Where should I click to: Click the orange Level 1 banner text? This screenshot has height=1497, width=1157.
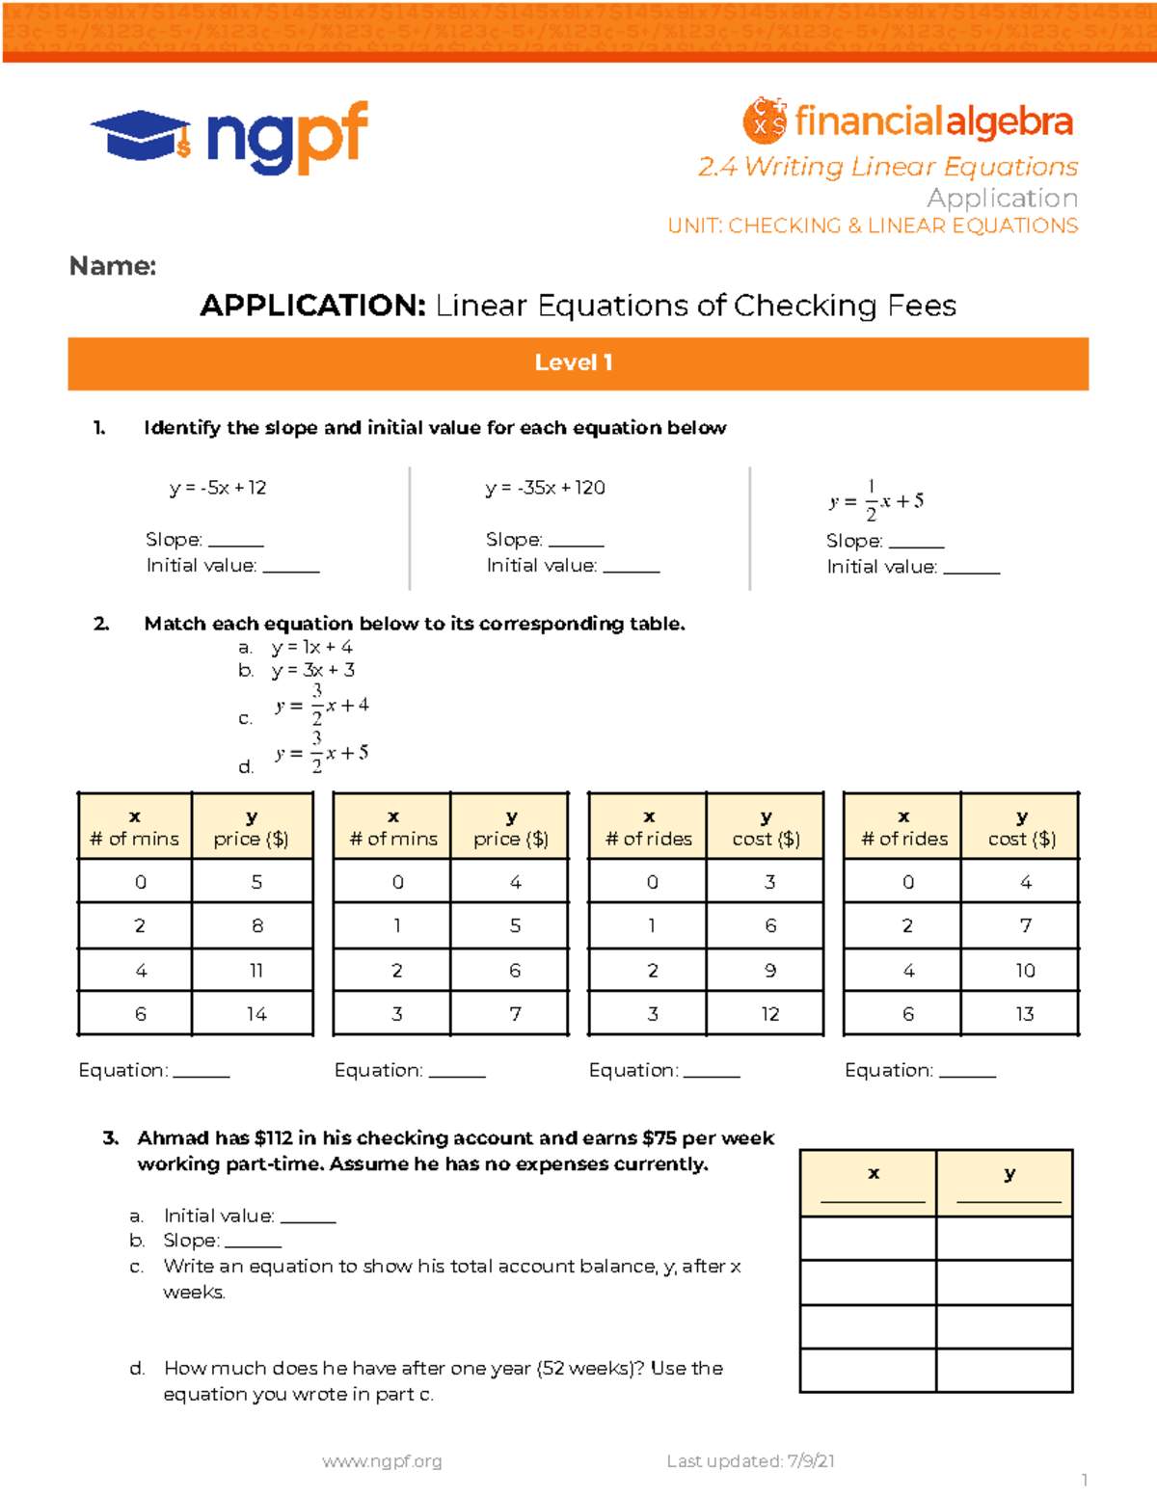[574, 362]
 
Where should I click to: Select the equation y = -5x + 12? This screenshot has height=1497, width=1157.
[218, 488]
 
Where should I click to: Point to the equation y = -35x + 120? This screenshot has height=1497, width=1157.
[545, 488]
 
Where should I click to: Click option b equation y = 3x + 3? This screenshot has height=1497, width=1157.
[312, 670]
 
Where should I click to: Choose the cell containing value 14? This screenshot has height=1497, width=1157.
[256, 1014]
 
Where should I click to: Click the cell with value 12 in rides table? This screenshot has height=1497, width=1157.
[769, 1014]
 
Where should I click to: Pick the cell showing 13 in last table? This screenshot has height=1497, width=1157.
[1024, 1014]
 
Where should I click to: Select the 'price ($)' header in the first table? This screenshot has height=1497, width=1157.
[251, 839]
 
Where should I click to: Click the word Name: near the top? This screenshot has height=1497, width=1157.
[113, 266]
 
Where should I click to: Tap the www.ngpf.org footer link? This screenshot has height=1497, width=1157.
[382, 1461]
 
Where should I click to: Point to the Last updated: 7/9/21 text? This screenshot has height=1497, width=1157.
[750, 1461]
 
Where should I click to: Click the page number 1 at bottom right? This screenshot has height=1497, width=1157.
[1085, 1480]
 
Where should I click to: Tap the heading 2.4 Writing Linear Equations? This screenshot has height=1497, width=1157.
[887, 167]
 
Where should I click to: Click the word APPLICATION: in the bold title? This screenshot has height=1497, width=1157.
[312, 306]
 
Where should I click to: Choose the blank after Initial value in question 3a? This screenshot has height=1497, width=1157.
[308, 1217]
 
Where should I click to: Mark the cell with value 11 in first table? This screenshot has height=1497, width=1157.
[256, 971]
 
